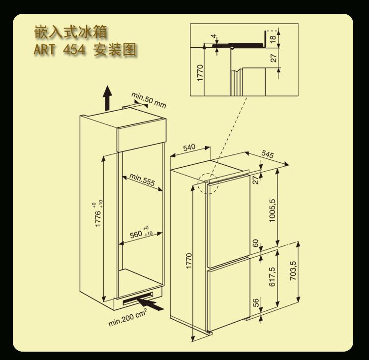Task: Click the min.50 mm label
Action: pyautogui.click(x=149, y=99)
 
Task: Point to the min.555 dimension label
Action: pyautogui.click(x=142, y=180)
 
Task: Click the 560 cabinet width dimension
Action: pyautogui.click(x=141, y=233)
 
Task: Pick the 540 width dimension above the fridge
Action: pyautogui.click(x=189, y=147)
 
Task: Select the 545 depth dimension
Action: pyautogui.click(x=267, y=154)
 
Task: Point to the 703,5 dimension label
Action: pyautogui.click(x=293, y=271)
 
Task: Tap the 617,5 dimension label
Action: pyautogui.click(x=272, y=277)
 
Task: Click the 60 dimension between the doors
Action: pyautogui.click(x=255, y=244)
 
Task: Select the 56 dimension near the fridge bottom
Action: pyautogui.click(x=255, y=303)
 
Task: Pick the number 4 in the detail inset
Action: pyautogui.click(x=213, y=36)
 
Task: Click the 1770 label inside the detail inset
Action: pyautogui.click(x=200, y=73)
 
